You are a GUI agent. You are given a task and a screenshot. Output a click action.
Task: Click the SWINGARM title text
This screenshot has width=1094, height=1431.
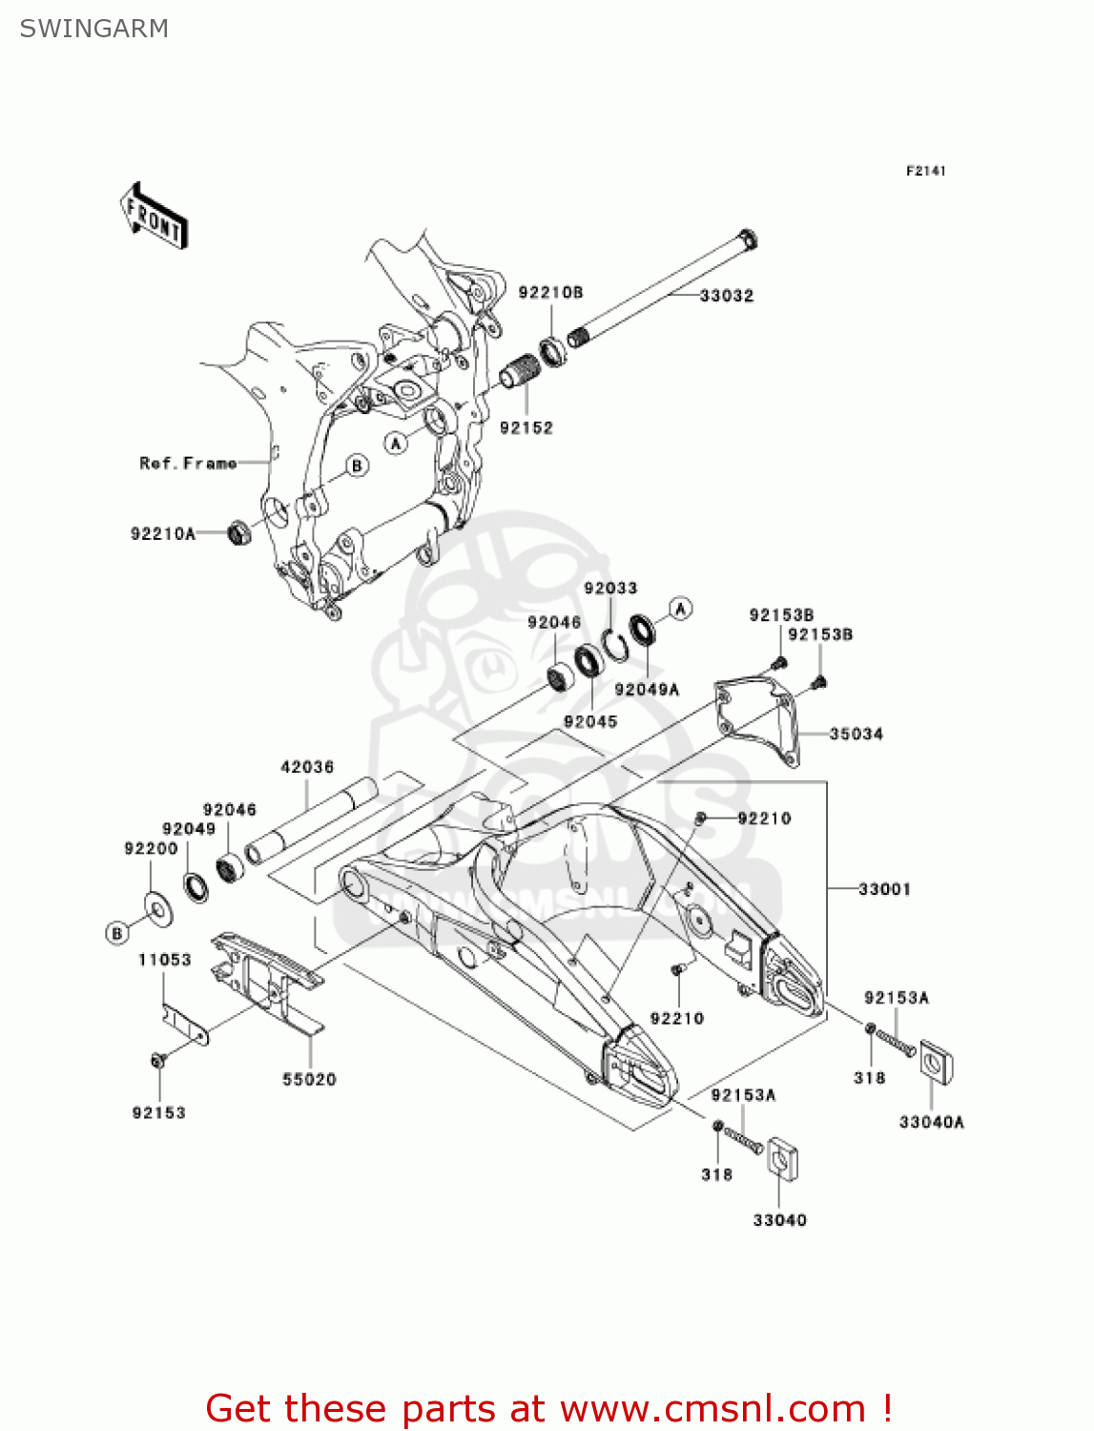93,29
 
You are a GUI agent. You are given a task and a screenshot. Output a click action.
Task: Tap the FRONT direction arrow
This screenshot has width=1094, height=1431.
154,217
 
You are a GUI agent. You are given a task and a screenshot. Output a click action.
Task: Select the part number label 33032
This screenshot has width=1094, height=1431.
726,296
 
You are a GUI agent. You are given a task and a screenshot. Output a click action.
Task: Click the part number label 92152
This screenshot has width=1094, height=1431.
526,428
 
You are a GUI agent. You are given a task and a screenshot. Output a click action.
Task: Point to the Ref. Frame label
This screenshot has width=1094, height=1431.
188,464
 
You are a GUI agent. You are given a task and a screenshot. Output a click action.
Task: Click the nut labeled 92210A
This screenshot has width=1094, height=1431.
239,532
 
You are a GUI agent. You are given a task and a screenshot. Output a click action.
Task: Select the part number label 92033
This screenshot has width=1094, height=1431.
610,589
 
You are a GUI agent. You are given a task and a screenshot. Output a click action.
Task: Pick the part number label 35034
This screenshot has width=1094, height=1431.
856,734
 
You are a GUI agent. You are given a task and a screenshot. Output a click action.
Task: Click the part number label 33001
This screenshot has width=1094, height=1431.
884,889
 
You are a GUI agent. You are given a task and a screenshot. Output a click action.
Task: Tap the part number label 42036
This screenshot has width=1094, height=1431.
307,767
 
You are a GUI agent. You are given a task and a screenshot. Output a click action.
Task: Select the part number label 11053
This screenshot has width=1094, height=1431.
164,960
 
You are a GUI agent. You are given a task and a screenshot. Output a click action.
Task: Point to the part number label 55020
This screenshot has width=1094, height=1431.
309,1080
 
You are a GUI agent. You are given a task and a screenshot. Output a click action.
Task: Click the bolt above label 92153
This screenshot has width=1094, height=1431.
158,1060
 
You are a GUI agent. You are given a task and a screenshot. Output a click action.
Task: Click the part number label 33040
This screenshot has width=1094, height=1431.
779,1220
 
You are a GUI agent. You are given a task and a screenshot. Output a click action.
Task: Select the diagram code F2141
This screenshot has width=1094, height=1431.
925,171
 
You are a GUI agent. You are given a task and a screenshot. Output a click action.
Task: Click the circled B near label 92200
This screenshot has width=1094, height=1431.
117,933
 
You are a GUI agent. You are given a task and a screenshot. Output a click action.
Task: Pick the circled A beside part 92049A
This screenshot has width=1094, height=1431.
680,609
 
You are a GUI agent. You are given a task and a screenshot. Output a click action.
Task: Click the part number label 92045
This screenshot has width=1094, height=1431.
590,722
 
